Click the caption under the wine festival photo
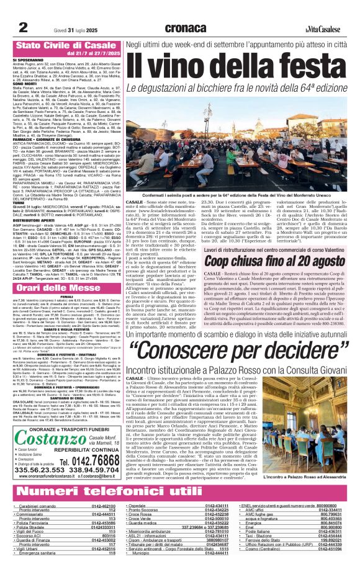236,195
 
